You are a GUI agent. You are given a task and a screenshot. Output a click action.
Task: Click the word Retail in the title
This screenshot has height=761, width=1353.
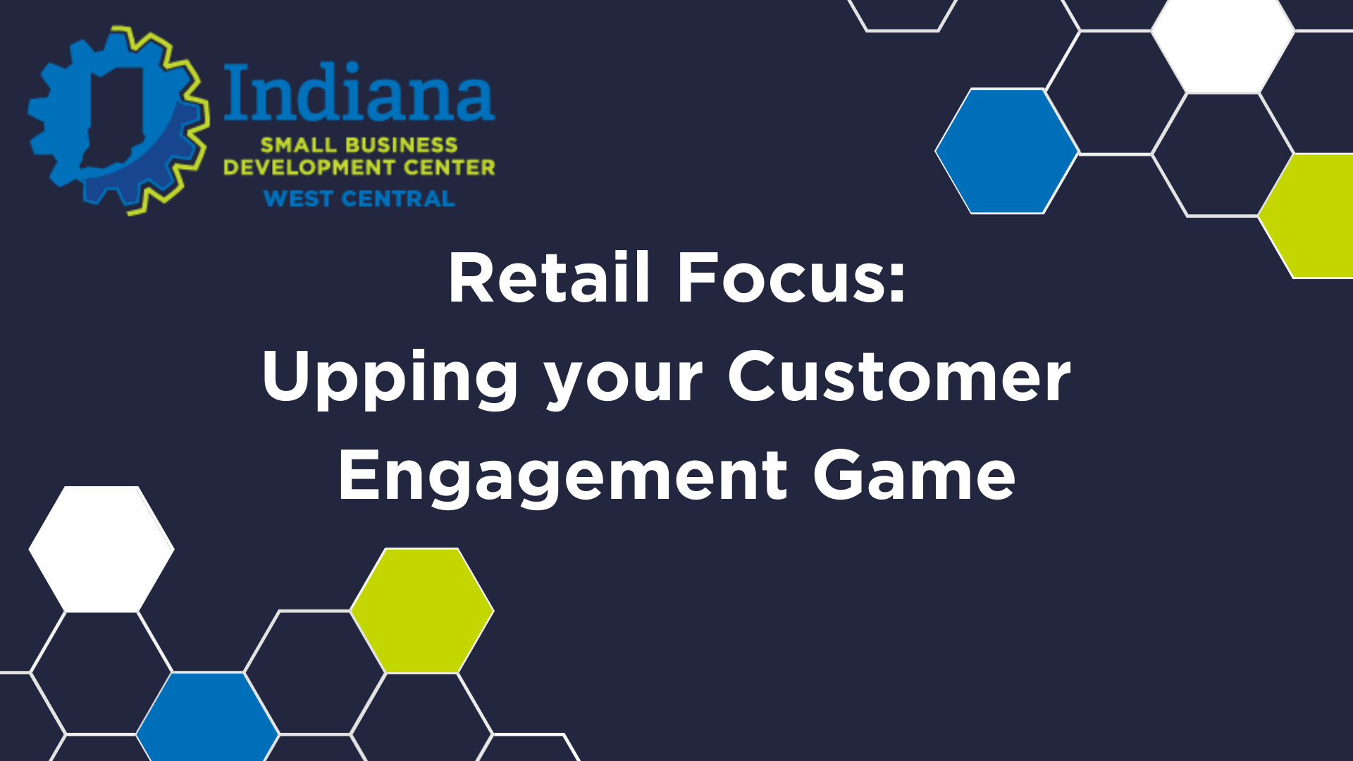coord(548,278)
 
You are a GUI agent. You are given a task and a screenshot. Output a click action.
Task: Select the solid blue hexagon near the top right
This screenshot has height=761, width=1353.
coord(1007,151)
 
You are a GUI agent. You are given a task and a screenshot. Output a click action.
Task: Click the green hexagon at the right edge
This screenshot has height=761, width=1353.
coord(1310,216)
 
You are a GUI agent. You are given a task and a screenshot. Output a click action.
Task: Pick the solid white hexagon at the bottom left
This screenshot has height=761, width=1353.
coord(101,549)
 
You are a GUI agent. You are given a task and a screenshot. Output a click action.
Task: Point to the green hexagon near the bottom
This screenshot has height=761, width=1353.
coord(422,610)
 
